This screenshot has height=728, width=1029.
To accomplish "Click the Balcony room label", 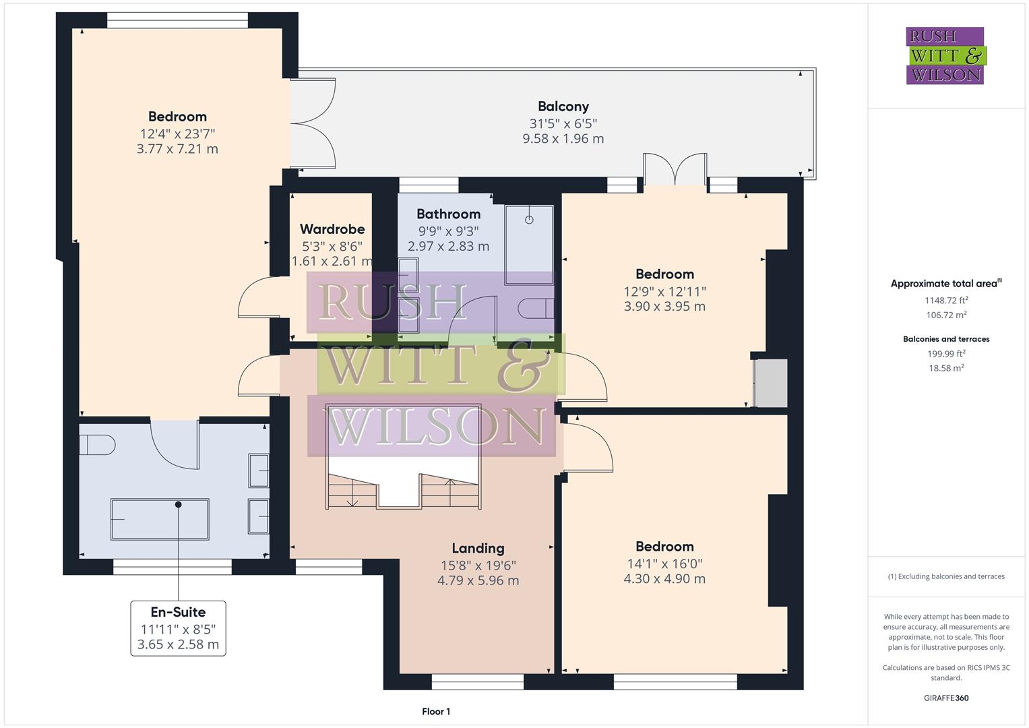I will point(563,107).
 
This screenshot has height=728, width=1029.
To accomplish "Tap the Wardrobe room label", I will point(332,229).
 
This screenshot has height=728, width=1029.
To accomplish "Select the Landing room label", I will point(478,548).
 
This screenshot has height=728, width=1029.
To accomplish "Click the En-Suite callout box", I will point(178,628).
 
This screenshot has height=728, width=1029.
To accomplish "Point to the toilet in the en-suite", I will point(97,445).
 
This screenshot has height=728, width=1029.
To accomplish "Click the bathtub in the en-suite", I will point(160,519).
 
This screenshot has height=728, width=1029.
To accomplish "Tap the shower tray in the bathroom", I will point(529,245).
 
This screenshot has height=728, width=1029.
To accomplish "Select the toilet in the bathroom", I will point(536,308).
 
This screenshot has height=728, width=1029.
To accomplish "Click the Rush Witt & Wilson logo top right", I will point(945,56).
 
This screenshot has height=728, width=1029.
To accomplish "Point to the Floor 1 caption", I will point(436,711).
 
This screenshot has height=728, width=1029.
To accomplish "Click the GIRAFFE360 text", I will point(946,698).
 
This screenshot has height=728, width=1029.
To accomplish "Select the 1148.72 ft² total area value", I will point(946,301).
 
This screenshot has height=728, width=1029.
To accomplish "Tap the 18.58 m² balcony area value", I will point(946,368).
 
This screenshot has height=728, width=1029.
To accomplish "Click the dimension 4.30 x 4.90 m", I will point(664,579).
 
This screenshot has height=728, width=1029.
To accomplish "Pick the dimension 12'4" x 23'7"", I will point(177,133).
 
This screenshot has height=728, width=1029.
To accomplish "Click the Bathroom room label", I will point(448,214).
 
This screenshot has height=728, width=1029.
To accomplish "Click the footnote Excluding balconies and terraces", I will point(946,576).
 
